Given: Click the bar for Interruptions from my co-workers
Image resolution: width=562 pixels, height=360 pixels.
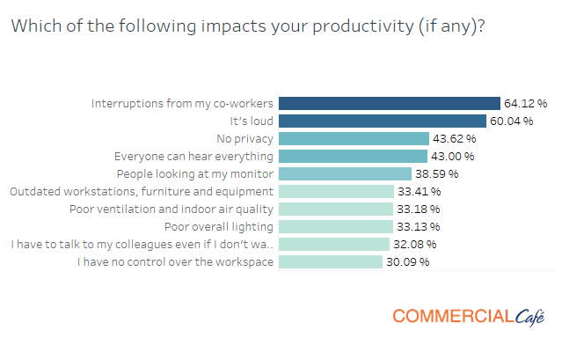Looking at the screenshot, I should pyautogui.click(x=389, y=103).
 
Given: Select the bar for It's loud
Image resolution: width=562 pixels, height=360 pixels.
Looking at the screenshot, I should pyautogui.click(x=383, y=121).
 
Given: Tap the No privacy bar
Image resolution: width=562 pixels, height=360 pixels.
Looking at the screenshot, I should pyautogui.click(x=354, y=138).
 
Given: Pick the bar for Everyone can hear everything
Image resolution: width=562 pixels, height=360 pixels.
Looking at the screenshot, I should pyautogui.click(x=352, y=156).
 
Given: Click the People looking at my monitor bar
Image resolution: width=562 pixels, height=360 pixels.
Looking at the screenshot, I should pyautogui.click(x=345, y=173).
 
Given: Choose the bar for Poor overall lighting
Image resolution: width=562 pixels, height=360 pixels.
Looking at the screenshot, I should pyautogui.click(x=335, y=226).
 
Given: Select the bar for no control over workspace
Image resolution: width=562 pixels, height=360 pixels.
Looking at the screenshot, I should pyautogui.click(x=331, y=261).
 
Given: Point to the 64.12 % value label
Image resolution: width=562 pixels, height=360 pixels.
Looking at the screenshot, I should pyautogui.click(x=526, y=103).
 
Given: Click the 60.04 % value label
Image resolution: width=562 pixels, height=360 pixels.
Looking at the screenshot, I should pyautogui.click(x=513, y=121).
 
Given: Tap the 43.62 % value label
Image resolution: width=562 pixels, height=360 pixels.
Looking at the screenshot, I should pyautogui.click(x=454, y=138).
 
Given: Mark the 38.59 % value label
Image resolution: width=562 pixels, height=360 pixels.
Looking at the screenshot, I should pyautogui.click(x=437, y=173).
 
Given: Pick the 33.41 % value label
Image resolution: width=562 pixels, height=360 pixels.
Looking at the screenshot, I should pyautogui.click(x=419, y=191).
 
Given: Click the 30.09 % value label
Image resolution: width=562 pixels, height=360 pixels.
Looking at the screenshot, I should pyautogui.click(x=407, y=261).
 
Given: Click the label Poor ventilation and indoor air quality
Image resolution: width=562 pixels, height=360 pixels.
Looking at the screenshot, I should pyautogui.click(x=172, y=209).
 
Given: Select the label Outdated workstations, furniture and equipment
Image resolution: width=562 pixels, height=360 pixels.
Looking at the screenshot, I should pyautogui.click(x=142, y=191).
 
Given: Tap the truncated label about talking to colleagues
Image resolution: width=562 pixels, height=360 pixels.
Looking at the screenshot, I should pyautogui.click(x=142, y=244).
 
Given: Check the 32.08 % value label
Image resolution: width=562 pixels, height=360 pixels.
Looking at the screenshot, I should pyautogui.click(x=415, y=244).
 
